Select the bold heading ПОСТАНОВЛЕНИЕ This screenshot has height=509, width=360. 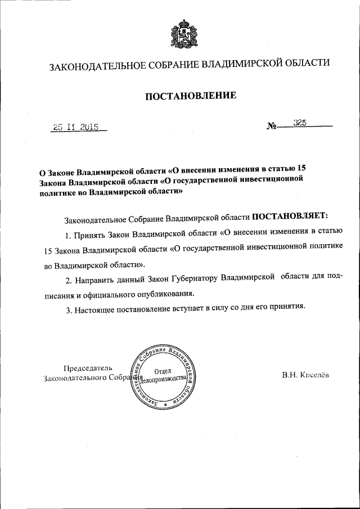pyautogui.click(x=191, y=96)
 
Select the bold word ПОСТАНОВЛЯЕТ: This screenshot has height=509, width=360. pyautogui.click(x=293, y=215)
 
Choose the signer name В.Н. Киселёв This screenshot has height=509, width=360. pyautogui.click(x=306, y=375)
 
